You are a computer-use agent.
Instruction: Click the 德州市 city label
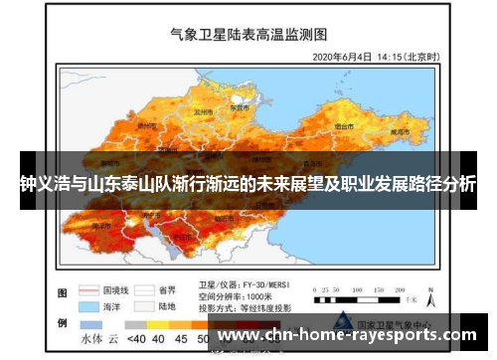click(x=145, y=126)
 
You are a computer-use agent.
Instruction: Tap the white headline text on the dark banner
click(x=248, y=184)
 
